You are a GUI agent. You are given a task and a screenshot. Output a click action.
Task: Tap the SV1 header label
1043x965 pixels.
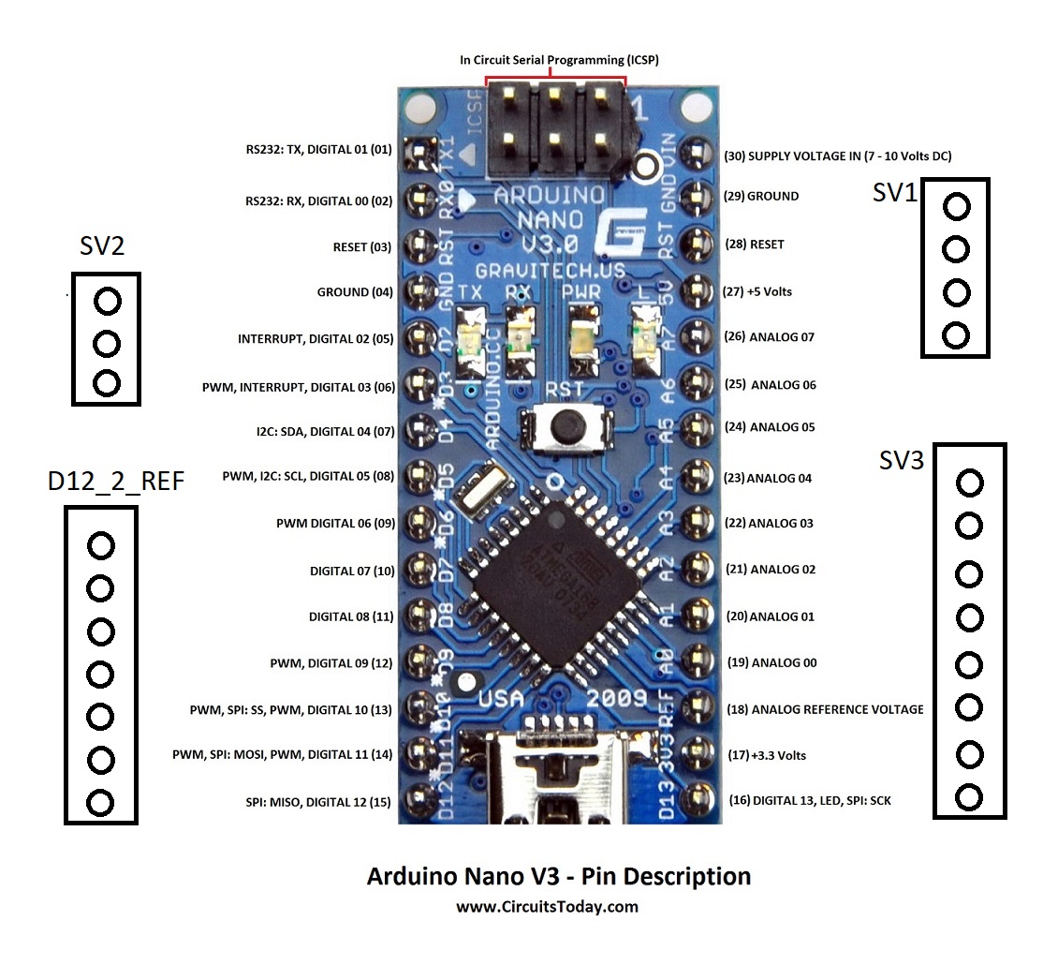894,193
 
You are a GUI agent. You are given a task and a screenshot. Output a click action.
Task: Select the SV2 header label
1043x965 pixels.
102,246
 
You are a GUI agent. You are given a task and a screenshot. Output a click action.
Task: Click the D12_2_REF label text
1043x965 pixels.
115,482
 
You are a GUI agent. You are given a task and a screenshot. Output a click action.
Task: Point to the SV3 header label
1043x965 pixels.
902,460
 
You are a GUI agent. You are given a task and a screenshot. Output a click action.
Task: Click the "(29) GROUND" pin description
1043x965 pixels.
761,197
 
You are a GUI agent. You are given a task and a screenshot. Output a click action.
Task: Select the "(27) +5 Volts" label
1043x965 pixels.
758,291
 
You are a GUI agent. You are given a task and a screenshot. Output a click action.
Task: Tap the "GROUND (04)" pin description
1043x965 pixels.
355,292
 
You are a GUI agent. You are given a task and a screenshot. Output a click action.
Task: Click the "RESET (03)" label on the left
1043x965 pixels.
361,247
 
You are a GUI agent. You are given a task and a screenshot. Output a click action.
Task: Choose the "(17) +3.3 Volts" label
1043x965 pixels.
767,755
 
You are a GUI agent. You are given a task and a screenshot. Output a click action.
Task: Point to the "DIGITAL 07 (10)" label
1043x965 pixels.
352,571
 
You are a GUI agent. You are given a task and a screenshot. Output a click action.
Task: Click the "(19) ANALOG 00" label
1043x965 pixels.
772,662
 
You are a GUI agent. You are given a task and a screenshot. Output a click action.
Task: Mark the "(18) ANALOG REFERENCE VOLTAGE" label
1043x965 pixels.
825,709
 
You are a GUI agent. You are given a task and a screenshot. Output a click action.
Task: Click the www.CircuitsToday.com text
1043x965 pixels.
547,907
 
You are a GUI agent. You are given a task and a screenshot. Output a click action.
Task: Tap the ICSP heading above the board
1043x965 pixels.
559,60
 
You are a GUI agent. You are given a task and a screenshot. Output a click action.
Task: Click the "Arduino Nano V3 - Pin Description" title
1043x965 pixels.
558,877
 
